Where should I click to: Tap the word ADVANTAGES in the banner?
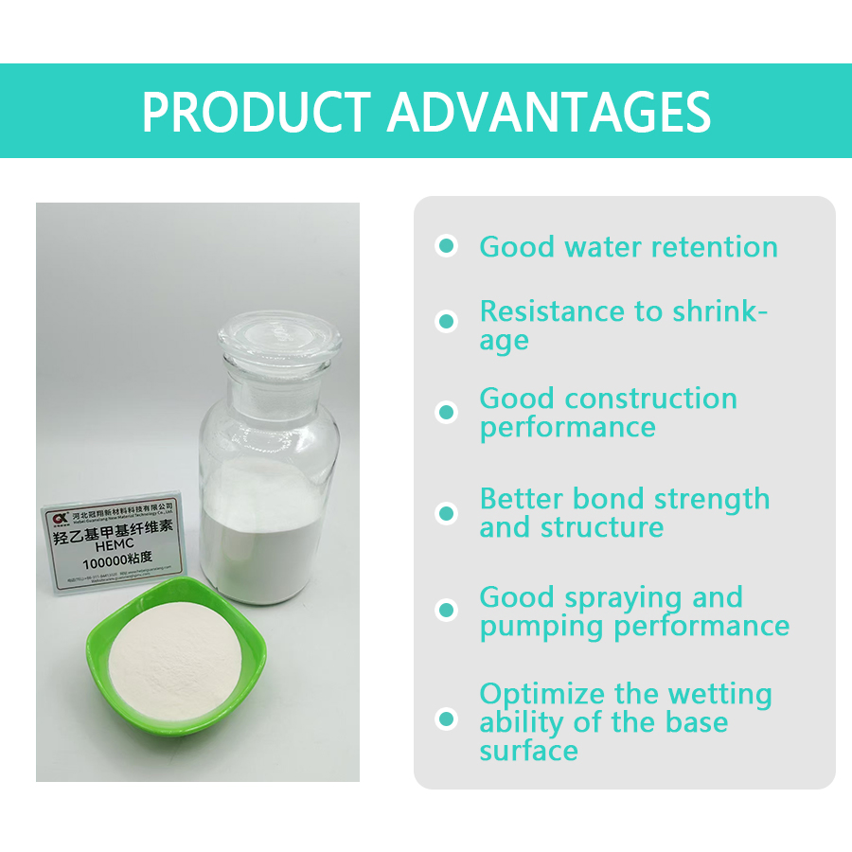pos(548,113)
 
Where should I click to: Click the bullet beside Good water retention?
pos(446,246)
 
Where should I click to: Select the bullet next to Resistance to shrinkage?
pos(446,322)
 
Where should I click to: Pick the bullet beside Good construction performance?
pos(446,413)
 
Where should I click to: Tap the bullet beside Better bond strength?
pos(446,513)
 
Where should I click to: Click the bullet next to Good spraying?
pos(446,611)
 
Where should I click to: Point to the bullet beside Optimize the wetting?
pos(446,719)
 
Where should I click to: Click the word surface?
pos(528,751)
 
